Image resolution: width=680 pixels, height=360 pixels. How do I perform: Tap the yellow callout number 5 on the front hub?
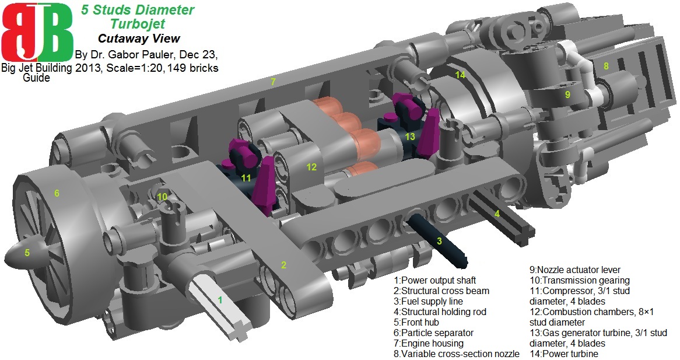[x=26, y=253]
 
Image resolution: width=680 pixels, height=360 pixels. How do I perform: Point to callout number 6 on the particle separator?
[x=57, y=193]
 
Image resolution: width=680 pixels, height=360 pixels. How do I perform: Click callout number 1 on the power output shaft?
[x=220, y=300]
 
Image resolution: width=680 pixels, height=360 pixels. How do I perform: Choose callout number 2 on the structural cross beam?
[x=283, y=265]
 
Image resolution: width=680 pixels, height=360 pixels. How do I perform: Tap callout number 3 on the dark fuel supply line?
[x=439, y=240]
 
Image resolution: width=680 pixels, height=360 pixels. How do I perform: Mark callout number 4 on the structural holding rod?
[x=497, y=214]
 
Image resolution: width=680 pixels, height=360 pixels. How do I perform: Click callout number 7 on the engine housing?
[x=272, y=82]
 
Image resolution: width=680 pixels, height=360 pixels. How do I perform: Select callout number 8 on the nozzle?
[x=607, y=67]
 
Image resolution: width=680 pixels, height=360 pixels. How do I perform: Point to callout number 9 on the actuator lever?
[x=567, y=93]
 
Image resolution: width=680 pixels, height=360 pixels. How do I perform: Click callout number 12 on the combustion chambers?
[x=311, y=167]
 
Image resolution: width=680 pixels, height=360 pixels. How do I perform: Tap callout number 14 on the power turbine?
[x=461, y=75]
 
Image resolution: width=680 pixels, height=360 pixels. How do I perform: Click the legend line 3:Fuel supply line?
[x=428, y=301]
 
